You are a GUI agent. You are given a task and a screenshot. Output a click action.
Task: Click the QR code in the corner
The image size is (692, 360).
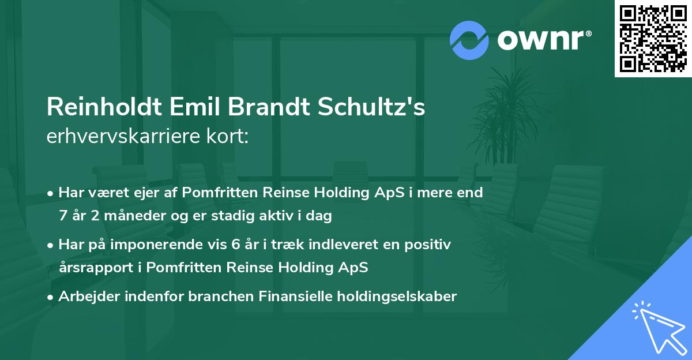[x=653, y=39]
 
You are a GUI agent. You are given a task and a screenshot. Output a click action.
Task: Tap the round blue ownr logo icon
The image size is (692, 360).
[x=469, y=40]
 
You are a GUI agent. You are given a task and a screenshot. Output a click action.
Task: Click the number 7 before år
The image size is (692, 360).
[x=63, y=216]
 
